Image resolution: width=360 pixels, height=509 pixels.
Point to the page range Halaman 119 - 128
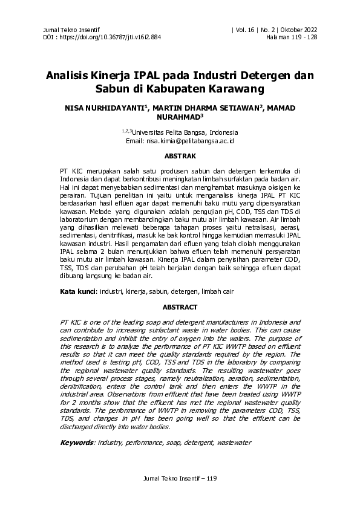pyautogui.click(x=292, y=37)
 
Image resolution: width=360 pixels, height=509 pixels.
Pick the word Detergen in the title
pyautogui.click(x=263, y=77)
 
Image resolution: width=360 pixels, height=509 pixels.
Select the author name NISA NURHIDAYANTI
pyautogui.click(x=108, y=108)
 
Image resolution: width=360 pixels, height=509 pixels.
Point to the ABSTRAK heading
pyautogui.click(x=180, y=156)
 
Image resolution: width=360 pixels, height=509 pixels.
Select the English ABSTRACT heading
pyautogui.click(x=180, y=306)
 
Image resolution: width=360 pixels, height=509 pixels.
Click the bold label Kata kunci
pyautogui.click(x=78, y=291)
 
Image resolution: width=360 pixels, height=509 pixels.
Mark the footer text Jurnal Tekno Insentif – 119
pyautogui.click(x=180, y=479)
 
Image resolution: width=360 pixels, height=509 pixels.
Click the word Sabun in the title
pyautogui.click(x=111, y=90)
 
